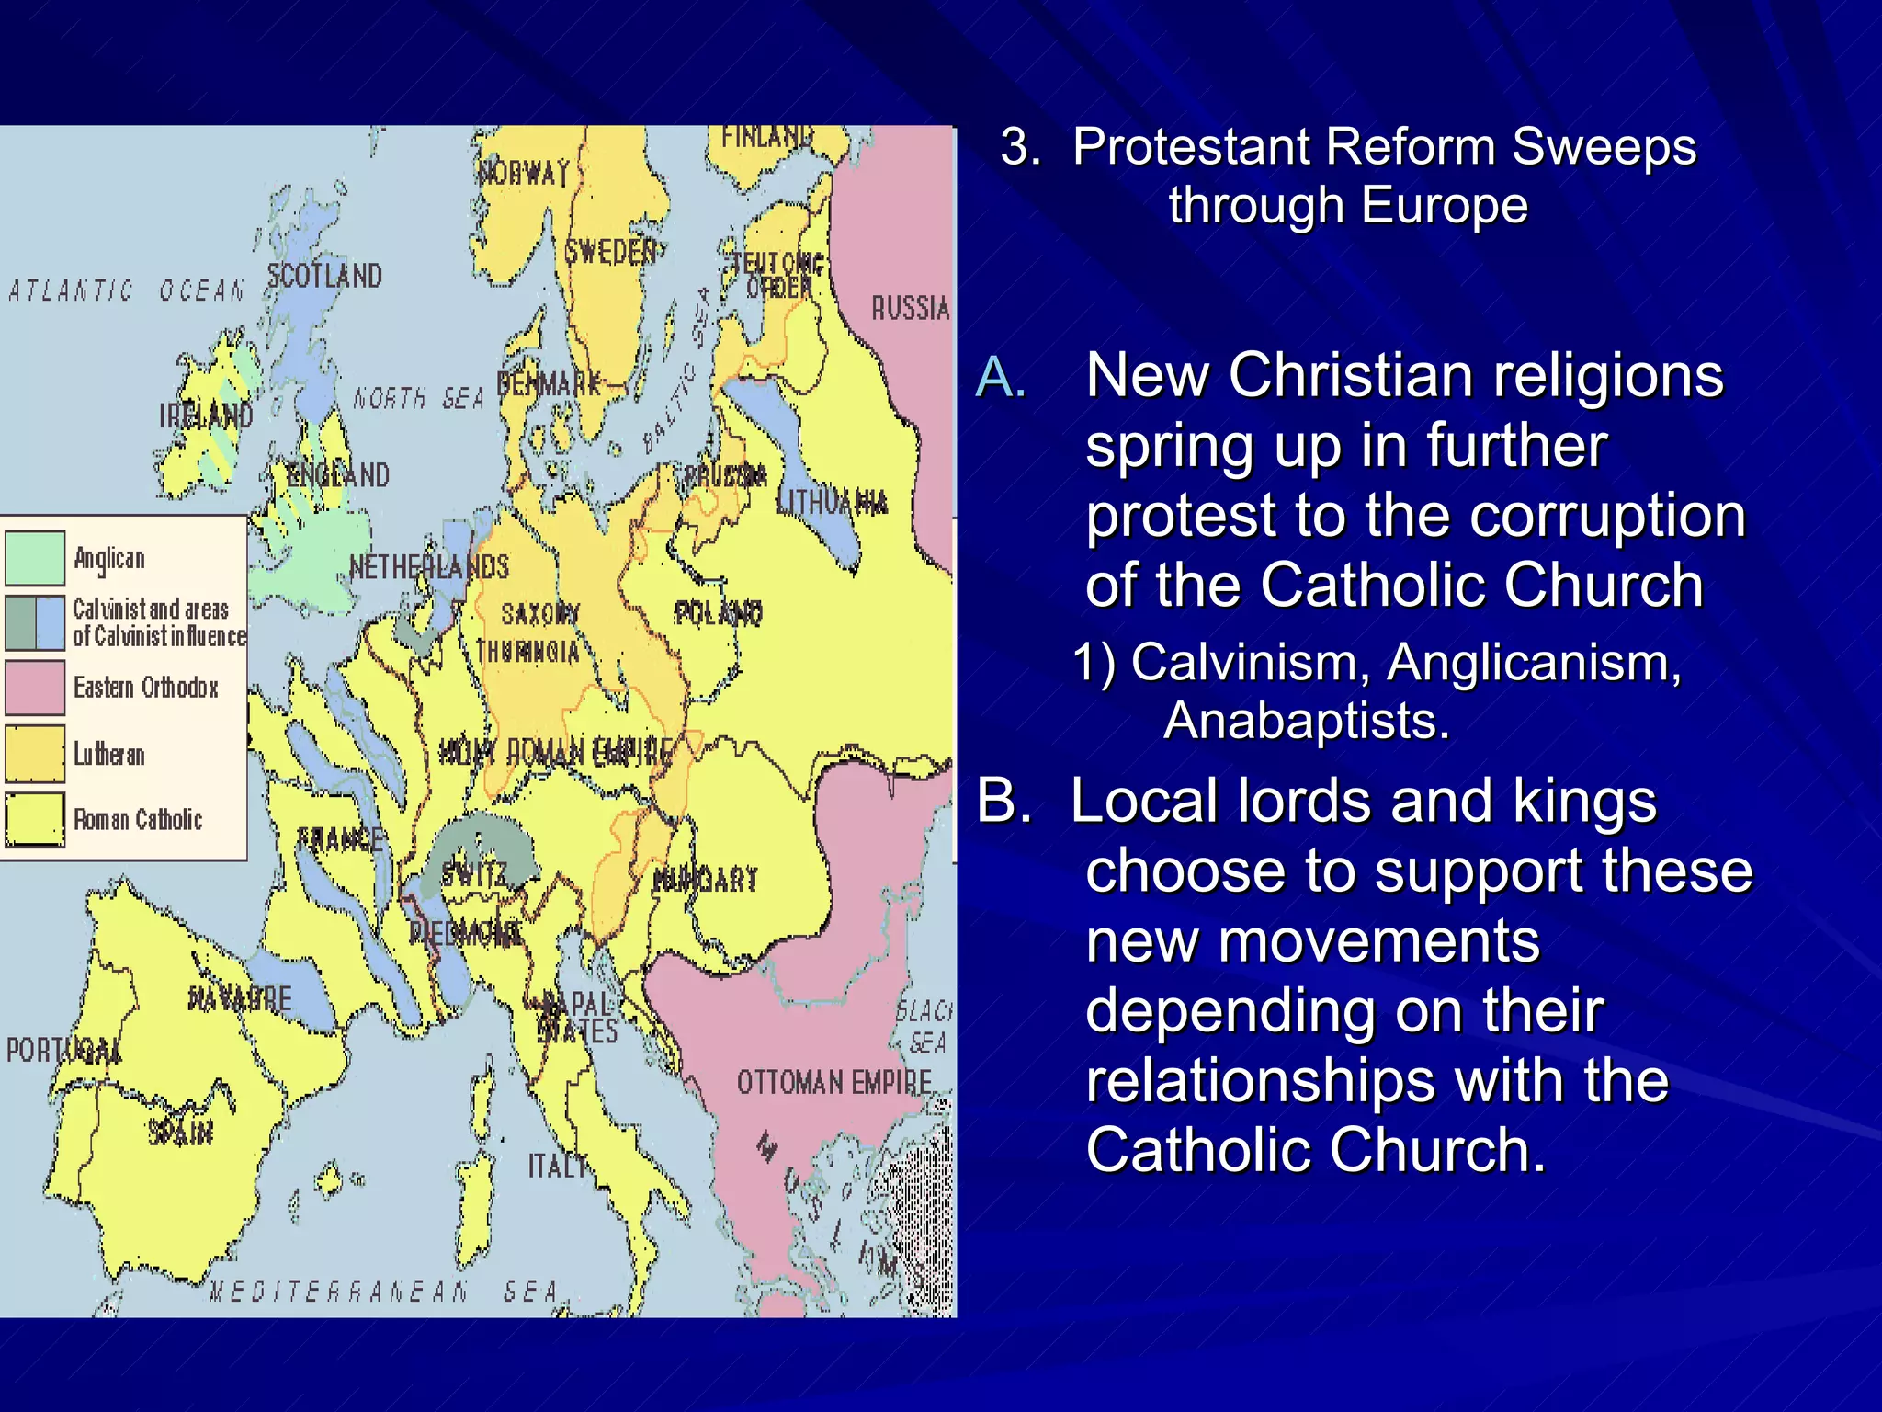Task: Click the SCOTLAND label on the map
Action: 324,276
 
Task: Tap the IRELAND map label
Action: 206,416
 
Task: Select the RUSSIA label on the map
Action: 910,308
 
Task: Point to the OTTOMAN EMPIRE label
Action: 833,1082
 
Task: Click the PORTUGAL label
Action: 62,1050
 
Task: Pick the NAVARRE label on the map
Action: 240,998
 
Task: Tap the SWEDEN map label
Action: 611,252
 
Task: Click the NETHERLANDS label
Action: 429,567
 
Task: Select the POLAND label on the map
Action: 719,612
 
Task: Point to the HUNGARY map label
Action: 706,880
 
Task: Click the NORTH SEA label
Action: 418,398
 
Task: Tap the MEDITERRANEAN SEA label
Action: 384,1292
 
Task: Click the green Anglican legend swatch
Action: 35,558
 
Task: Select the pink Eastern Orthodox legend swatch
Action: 35,688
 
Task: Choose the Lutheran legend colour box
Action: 35,754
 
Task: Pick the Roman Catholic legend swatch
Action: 35,819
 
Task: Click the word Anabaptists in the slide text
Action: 1306,720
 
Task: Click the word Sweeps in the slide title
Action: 1604,147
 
